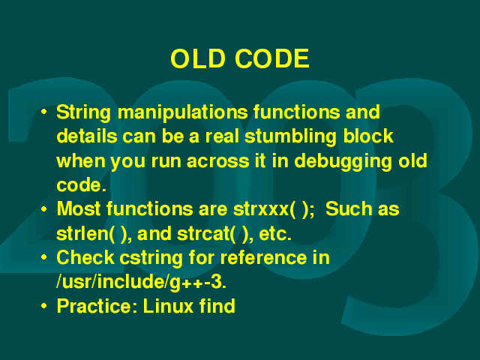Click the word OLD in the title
198,58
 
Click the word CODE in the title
272,58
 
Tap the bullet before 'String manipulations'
44,112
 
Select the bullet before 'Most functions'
44,208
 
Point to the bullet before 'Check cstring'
44,257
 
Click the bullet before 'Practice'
44,305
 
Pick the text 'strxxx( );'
274,210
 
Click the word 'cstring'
151,259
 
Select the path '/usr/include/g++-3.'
142,283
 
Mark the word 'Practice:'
97,306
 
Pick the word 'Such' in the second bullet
348,210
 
